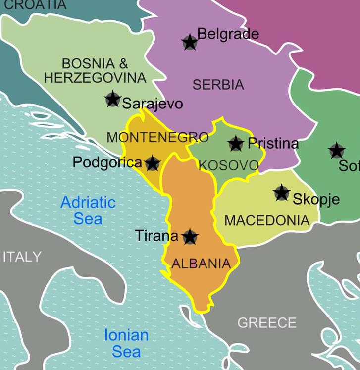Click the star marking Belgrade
[x=189, y=42]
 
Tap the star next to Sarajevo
[x=113, y=99]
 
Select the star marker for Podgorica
[x=152, y=162]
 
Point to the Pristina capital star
[x=236, y=143]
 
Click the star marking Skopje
[x=281, y=193]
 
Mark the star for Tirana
[x=190, y=236]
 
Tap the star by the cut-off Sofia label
[x=337, y=150]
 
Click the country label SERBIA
[x=218, y=85]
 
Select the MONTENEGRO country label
[x=157, y=137]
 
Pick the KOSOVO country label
[x=228, y=165]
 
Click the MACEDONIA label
[x=267, y=220]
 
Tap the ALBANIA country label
[x=201, y=264]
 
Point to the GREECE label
[x=267, y=323]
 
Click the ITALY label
[x=22, y=257]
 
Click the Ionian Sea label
[x=126, y=343]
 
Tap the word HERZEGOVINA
[x=95, y=78]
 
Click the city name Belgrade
[x=228, y=34]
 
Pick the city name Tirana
[x=156, y=236]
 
